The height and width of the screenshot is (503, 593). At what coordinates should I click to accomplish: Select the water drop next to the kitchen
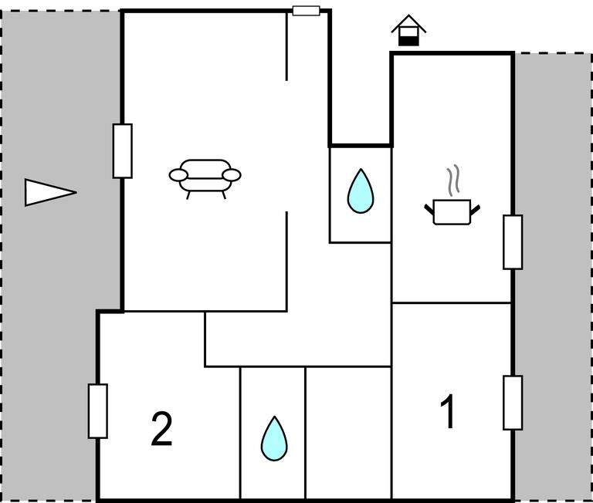[x=361, y=191]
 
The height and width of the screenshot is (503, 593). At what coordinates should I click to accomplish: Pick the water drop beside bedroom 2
[x=274, y=438]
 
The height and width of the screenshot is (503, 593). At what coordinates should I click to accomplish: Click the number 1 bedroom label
[x=448, y=411]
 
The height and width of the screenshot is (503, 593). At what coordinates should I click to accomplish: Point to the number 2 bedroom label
[x=161, y=429]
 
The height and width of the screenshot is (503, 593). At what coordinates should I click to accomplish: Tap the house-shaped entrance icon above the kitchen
[x=408, y=30]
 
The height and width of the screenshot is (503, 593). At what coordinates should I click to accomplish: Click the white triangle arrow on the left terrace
[x=51, y=192]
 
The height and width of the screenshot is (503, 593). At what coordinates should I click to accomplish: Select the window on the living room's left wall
[x=123, y=150]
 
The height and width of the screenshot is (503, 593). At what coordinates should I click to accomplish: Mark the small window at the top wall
[x=307, y=11]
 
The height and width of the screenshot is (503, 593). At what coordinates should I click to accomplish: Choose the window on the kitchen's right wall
[x=513, y=242]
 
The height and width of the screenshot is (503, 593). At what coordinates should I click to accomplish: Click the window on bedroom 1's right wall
[x=513, y=403]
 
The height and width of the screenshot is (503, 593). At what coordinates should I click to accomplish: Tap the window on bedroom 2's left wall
[x=98, y=411]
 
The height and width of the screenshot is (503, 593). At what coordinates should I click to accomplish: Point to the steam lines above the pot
[x=453, y=181]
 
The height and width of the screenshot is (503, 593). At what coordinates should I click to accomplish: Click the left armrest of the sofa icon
[x=178, y=175]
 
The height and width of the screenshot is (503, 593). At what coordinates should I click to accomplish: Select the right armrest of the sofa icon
[x=232, y=175]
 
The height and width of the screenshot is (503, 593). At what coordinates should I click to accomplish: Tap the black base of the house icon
[x=408, y=41]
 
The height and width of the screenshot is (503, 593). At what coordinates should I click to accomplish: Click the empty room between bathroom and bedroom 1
[x=348, y=433]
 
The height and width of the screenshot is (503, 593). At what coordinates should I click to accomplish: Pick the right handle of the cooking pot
[x=475, y=209]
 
